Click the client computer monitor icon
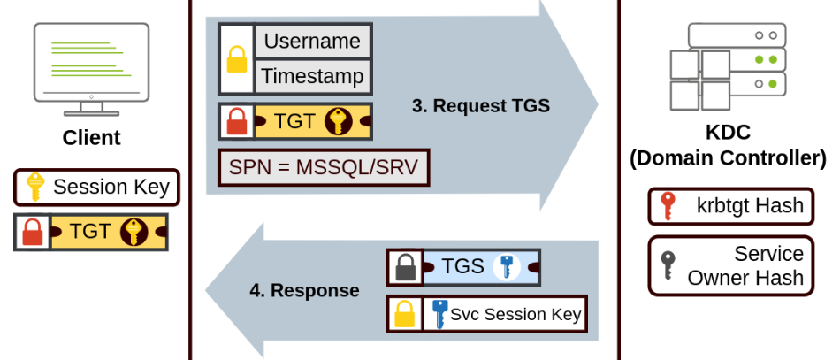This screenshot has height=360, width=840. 92,69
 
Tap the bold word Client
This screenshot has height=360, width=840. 92,138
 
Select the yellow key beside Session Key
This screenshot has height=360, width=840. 35,187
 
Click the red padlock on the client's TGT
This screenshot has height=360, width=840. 32,232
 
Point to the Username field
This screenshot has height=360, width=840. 312,42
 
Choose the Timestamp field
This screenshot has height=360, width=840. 312,77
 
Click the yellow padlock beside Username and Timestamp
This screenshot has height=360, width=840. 237,59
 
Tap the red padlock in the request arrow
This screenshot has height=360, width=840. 237,121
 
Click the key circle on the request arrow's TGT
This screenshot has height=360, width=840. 339,121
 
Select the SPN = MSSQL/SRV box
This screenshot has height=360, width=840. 324,168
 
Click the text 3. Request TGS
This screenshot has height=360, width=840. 481,106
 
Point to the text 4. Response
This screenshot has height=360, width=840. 304,290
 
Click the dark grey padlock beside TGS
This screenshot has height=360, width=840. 406,267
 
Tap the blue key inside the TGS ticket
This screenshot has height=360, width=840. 507,267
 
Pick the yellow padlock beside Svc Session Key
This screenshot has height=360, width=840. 405,314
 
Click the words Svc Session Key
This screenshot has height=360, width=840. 515,314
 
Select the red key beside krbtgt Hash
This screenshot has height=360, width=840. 668,206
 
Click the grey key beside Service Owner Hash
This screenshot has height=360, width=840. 668,265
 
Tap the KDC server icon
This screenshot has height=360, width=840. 728,66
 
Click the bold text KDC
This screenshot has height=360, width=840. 728,133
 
